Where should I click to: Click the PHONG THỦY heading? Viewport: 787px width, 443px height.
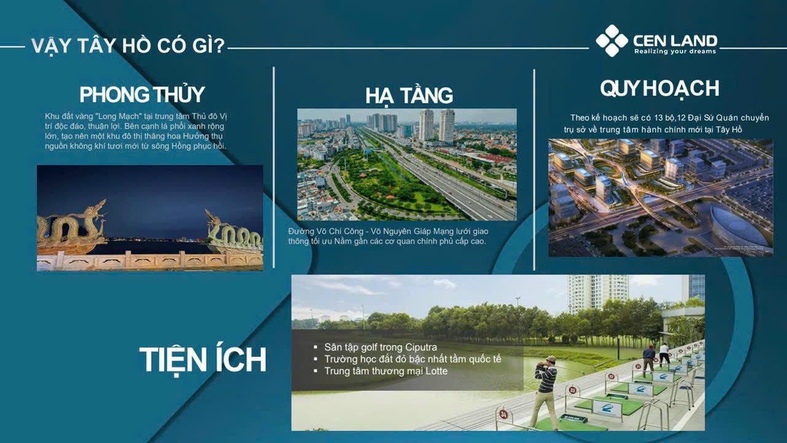pyautogui.click(x=142, y=95)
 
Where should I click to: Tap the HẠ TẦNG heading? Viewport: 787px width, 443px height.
pyautogui.click(x=409, y=96)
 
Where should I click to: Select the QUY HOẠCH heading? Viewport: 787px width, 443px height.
pyautogui.click(x=659, y=89)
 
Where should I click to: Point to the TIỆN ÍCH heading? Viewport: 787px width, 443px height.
pyautogui.click(x=202, y=360)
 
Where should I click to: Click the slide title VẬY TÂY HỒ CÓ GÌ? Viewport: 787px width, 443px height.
pyautogui.click(x=127, y=46)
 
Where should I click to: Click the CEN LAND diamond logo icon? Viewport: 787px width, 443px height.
pyautogui.click(x=611, y=41)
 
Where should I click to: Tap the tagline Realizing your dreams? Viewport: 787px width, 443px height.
pyautogui.click(x=675, y=52)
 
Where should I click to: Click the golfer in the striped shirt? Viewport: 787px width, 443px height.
pyautogui.click(x=545, y=390)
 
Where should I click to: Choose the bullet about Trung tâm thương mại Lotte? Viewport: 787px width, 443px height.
pyautogui.click(x=386, y=371)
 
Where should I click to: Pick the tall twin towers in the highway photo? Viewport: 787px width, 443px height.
pyautogui.click(x=437, y=124)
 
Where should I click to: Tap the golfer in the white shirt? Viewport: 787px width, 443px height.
pyautogui.click(x=664, y=356)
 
